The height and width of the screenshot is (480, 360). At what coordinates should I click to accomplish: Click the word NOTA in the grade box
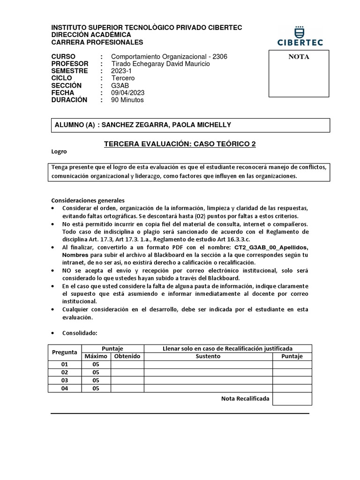tap(298, 57)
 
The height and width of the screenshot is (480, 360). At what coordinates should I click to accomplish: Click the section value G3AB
tap(120, 85)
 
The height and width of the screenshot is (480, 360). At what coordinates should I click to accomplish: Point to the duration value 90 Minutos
tap(127, 100)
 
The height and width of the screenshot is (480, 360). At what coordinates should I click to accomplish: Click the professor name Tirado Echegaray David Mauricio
tap(160, 64)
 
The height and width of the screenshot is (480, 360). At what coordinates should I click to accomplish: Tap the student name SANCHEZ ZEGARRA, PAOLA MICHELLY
tap(166, 125)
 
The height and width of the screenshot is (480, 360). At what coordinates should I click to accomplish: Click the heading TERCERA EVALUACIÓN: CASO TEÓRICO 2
tap(180, 144)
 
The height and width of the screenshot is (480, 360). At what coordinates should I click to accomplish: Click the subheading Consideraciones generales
tap(88, 200)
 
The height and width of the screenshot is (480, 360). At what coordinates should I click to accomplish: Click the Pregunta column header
tap(65, 352)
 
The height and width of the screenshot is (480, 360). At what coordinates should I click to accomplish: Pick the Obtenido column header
tap(127, 356)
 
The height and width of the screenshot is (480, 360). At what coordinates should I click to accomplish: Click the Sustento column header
tap(208, 356)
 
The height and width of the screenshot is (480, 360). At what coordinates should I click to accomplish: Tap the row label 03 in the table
tap(65, 380)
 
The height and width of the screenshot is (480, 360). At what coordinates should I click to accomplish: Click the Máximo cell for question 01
tap(96, 364)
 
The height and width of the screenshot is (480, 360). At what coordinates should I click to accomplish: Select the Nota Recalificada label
tap(245, 398)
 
